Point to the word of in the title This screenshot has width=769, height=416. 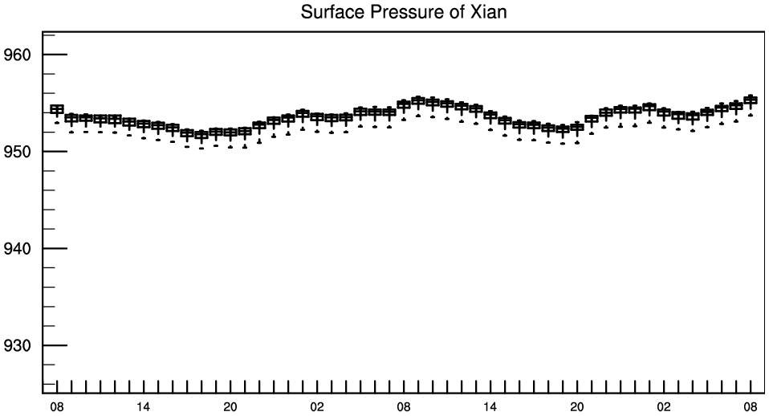(456, 11)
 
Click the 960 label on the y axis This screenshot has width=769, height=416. (17, 55)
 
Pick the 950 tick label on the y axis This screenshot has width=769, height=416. (17, 152)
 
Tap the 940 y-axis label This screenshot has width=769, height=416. (17, 249)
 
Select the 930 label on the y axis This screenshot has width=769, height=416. (17, 346)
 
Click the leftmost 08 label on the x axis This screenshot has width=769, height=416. (57, 406)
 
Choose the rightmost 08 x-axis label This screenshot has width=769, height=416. (751, 406)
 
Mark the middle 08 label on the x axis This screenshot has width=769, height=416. (404, 406)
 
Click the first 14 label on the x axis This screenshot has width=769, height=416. (143, 406)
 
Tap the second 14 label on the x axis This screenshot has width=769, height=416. (490, 406)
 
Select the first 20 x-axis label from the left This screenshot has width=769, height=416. (230, 406)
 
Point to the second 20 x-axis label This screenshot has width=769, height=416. (576, 406)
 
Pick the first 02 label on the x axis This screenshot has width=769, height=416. (317, 406)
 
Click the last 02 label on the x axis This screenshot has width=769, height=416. (664, 406)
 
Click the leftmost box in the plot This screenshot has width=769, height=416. (57, 109)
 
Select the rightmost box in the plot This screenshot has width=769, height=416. (751, 100)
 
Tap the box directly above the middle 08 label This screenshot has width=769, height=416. (404, 104)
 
